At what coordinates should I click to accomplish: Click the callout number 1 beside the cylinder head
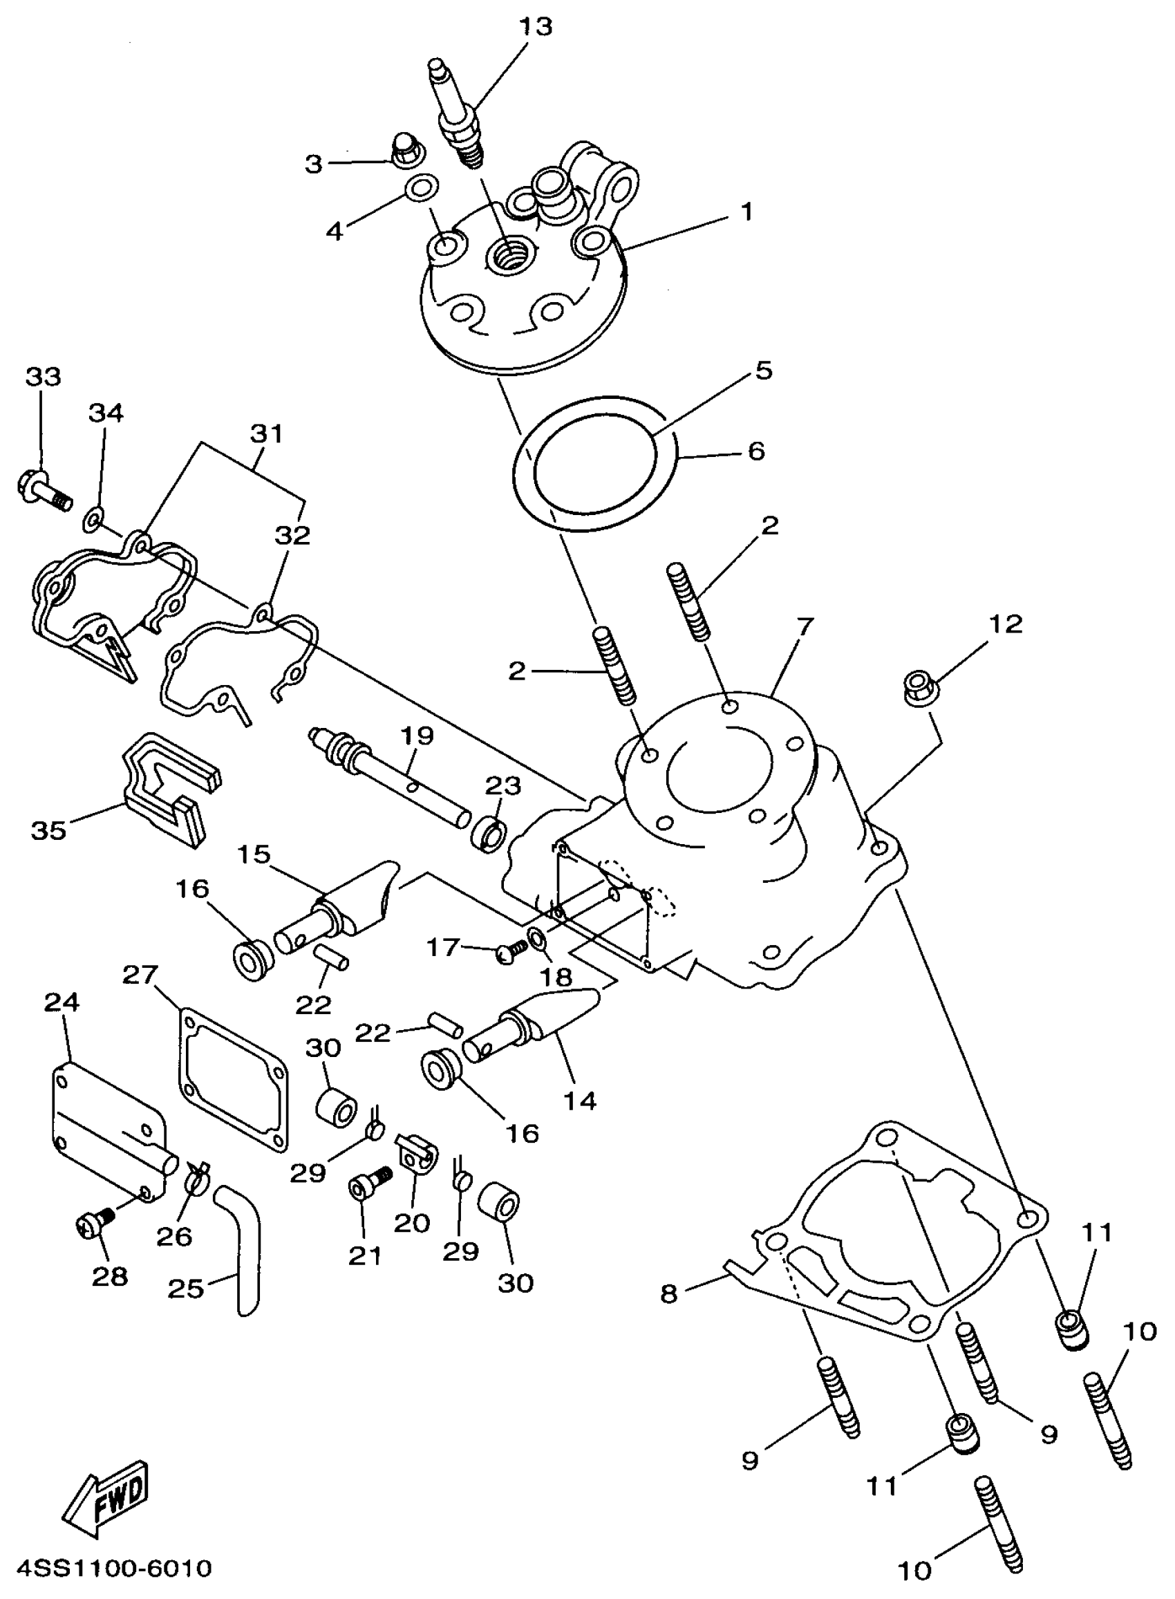[x=746, y=212]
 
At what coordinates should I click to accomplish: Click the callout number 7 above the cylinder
[x=805, y=626]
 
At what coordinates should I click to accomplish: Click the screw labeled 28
[x=95, y=1222]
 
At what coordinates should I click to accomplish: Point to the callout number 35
[x=49, y=830]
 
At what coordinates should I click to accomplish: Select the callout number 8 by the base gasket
[x=669, y=1294]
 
